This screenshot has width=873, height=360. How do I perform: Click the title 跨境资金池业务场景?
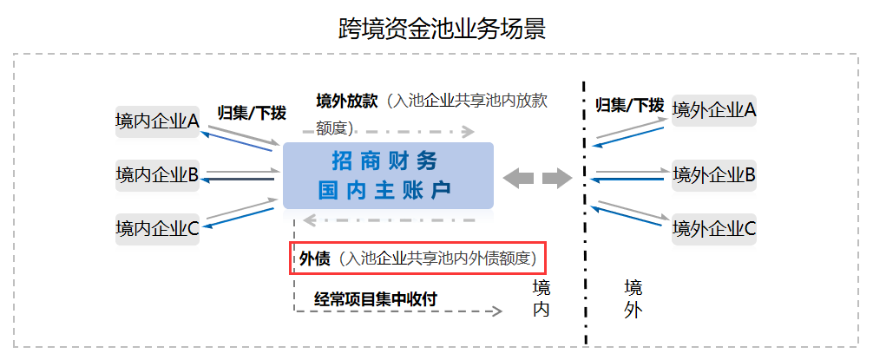442,29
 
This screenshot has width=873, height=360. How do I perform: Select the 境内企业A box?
158,121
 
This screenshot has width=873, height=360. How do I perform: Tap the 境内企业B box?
158,175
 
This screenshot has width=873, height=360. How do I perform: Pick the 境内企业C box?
158,229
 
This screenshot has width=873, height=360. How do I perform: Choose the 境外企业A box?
714,110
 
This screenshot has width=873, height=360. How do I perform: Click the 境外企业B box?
714,175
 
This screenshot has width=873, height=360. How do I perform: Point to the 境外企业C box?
714,229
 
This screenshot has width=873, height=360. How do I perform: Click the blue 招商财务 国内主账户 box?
388,176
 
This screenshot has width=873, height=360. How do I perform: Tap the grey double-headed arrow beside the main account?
537,178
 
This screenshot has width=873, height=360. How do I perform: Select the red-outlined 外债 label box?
417,259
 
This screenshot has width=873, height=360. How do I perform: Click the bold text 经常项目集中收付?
375,298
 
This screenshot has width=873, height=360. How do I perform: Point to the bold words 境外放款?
347,101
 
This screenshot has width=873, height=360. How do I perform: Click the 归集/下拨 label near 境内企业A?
252,113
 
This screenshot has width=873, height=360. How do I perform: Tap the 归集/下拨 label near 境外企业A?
630,105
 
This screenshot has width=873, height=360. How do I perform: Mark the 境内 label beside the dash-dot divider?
542,298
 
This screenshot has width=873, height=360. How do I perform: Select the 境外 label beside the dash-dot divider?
633,298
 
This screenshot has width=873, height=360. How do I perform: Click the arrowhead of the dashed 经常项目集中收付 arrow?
496,311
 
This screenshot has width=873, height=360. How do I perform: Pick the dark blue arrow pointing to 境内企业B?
239,180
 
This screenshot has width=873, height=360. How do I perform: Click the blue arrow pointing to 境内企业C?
239,218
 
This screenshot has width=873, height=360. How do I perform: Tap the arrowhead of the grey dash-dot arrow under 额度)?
469,132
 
